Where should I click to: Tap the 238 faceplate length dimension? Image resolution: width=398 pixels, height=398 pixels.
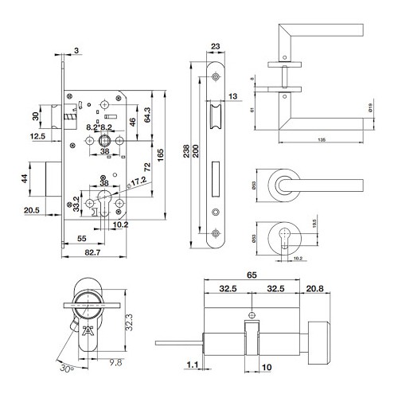tap(186, 154)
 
